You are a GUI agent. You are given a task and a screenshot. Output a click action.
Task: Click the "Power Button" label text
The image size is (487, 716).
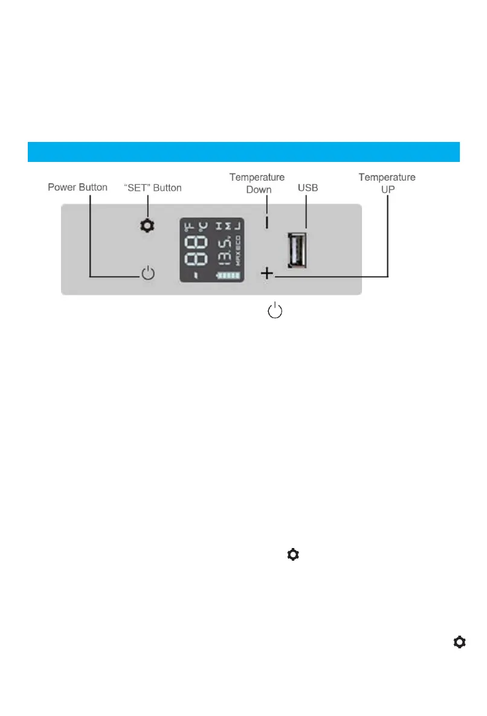77,187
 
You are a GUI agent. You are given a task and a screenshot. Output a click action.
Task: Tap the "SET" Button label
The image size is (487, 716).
152,187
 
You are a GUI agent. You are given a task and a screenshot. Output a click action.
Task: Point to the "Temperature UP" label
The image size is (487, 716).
387,183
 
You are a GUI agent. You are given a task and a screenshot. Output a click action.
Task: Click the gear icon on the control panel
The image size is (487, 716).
147,226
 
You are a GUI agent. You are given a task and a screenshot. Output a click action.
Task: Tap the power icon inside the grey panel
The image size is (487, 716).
148,274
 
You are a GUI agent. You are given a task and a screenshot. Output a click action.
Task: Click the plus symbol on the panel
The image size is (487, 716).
266,274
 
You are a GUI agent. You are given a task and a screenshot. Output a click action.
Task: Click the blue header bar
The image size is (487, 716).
243,152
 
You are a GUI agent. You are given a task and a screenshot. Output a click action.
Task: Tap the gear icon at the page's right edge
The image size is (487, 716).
460,642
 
